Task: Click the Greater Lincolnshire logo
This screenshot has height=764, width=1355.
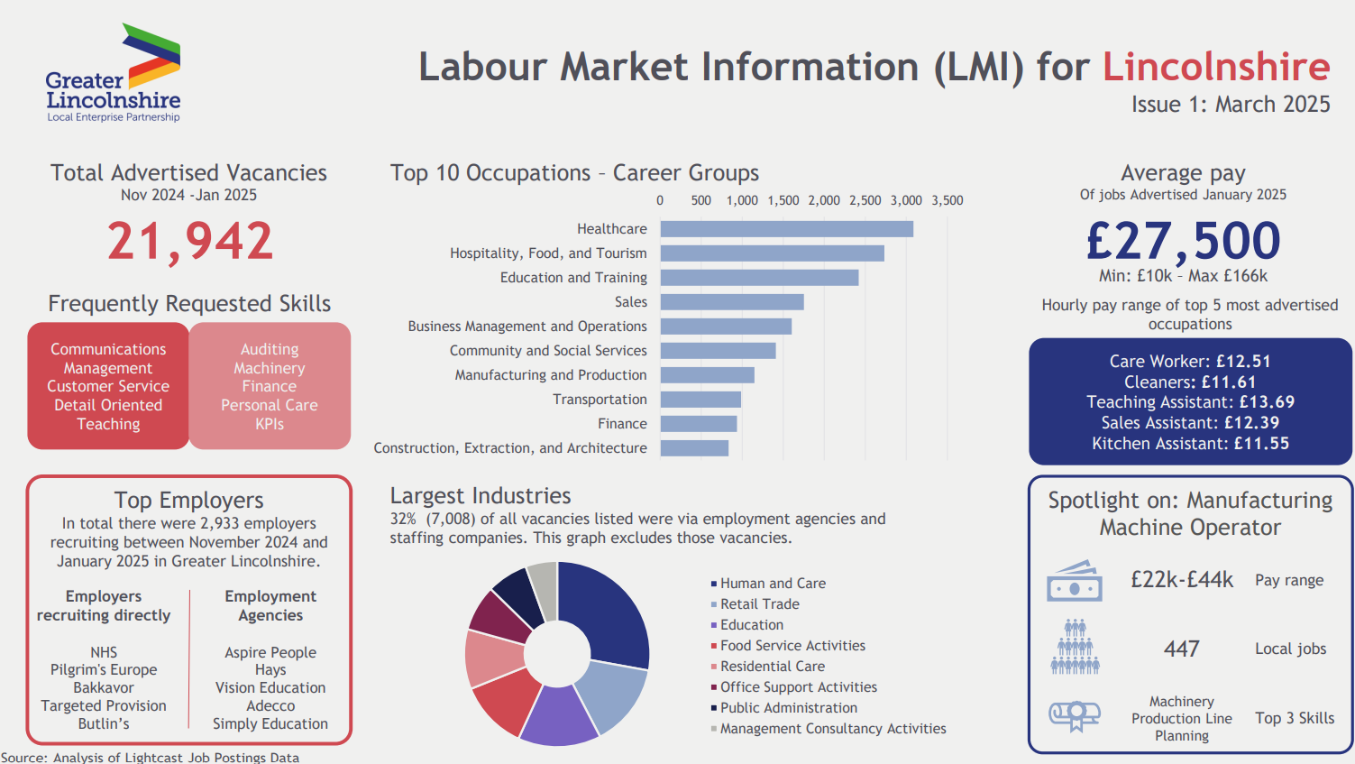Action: (114, 74)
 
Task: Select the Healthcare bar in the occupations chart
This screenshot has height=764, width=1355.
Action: (786, 229)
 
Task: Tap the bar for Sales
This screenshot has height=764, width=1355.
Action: (731, 302)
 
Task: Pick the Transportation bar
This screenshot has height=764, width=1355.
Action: (700, 400)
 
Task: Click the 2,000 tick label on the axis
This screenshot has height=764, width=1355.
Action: (824, 200)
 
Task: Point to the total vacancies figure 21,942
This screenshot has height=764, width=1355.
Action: (189, 242)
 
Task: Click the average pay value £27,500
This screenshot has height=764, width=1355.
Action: (1183, 241)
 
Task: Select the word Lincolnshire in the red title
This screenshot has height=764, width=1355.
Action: (1216, 67)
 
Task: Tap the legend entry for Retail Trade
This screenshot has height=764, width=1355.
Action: (759, 604)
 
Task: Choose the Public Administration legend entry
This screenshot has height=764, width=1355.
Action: (788, 708)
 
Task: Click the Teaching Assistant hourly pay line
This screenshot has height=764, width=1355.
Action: (1190, 402)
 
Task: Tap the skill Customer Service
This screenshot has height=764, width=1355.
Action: (108, 386)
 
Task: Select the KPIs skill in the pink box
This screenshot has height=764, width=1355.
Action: (270, 424)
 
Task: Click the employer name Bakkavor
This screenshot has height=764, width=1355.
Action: (104, 687)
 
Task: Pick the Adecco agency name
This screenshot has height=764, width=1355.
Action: (270, 705)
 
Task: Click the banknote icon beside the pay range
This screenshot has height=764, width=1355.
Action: (1074, 582)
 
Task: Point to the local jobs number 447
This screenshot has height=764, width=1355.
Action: (1181, 649)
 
